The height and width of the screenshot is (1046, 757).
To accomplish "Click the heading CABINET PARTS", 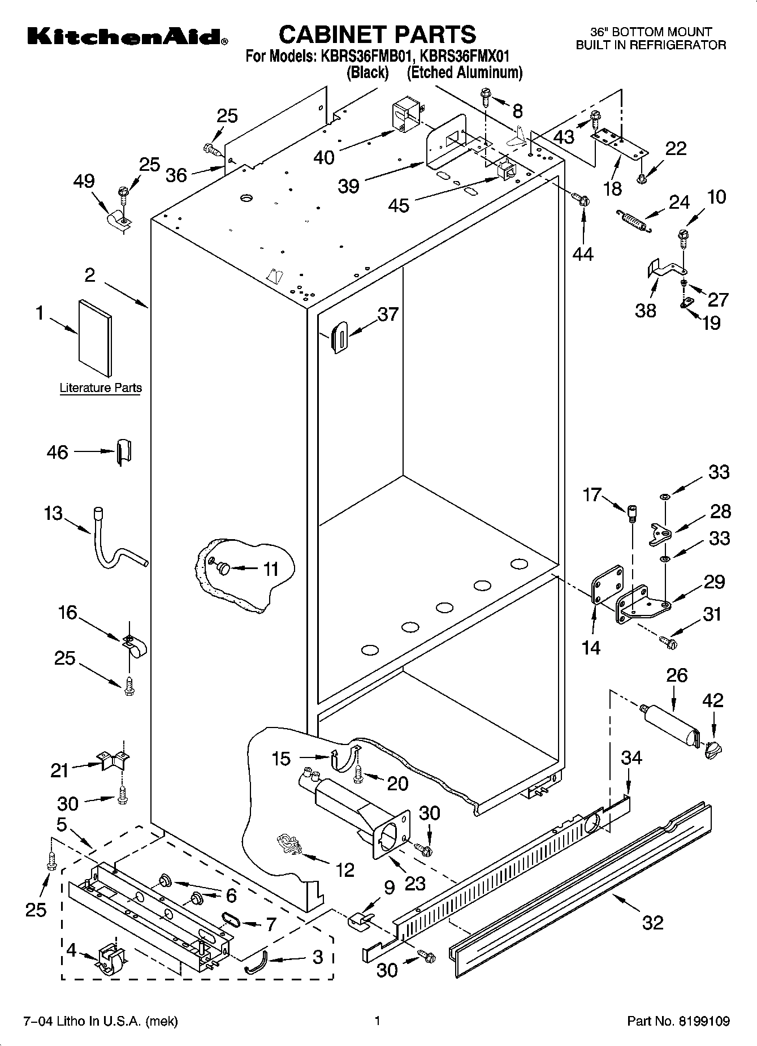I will pyautogui.click(x=378, y=35).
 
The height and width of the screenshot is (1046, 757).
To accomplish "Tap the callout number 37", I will pyautogui.click(x=388, y=315).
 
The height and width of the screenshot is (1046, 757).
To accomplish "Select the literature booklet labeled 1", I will pyautogui.click(x=94, y=337).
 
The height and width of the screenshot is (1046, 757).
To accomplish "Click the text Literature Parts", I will pyautogui.click(x=101, y=388).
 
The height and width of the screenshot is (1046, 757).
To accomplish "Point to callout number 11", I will pyautogui.click(x=271, y=569).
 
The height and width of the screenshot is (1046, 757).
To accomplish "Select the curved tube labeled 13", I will pyautogui.click(x=116, y=543).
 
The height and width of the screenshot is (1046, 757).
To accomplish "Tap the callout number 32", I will pyautogui.click(x=652, y=923).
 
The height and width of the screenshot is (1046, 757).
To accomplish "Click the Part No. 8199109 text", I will pyautogui.click(x=678, y=1021).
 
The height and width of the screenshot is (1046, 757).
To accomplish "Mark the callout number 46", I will pyautogui.click(x=58, y=453).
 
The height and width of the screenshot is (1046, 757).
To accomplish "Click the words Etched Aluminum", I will pyautogui.click(x=465, y=72).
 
